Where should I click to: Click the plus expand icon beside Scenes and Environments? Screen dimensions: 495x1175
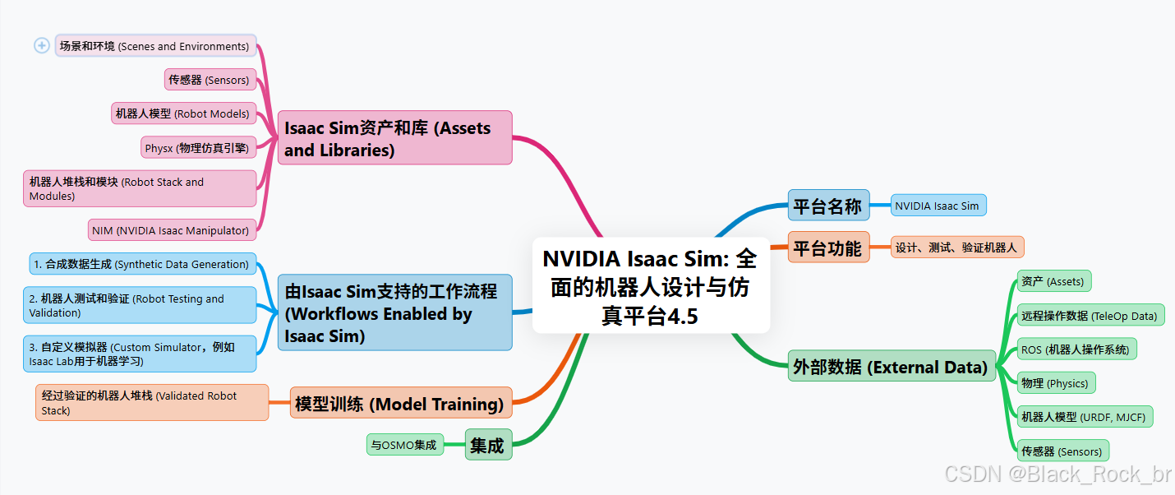tap(42, 46)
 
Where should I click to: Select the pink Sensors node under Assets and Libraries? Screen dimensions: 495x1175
tap(209, 80)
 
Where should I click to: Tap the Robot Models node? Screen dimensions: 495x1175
tap(182, 113)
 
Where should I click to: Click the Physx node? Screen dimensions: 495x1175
tap(197, 148)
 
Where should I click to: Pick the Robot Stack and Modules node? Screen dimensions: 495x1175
tap(140, 188)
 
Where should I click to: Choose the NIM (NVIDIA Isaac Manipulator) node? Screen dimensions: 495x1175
tap(171, 230)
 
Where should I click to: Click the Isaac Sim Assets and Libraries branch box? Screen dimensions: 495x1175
tap(394, 138)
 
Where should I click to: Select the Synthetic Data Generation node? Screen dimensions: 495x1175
tap(142, 264)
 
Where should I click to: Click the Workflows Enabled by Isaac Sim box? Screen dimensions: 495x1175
tap(394, 313)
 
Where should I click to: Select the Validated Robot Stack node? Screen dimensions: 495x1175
tap(152, 402)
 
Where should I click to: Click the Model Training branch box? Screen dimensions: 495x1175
tap(400, 403)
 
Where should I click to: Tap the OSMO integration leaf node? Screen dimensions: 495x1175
tap(404, 445)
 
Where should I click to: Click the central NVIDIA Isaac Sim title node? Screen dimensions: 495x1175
tap(650, 286)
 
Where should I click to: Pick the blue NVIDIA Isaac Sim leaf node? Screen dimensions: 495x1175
tap(938, 206)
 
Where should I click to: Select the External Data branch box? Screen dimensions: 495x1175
tap(891, 366)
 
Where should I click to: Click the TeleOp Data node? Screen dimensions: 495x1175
tap(1090, 315)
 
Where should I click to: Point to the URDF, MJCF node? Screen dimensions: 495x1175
tap(1085, 417)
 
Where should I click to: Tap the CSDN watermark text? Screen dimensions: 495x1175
tap(1057, 474)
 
